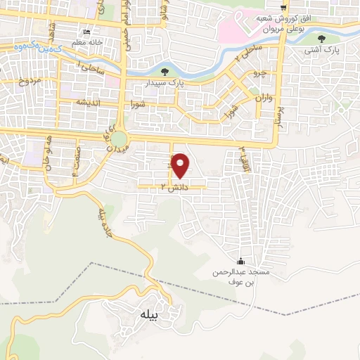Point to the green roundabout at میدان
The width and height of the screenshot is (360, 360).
point(119,140)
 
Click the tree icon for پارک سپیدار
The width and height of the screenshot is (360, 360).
point(165,71)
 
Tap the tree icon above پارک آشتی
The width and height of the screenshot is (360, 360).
point(321,39)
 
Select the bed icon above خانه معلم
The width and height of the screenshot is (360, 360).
point(86,32)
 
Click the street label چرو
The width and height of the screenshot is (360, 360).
point(259,72)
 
